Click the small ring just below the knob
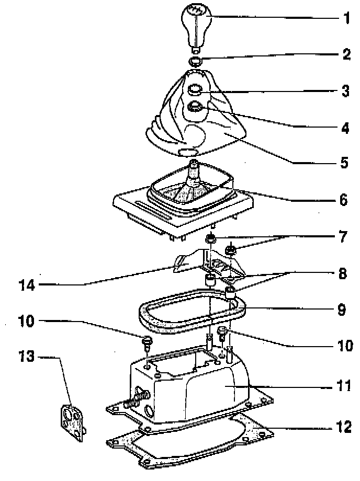tap(195, 62)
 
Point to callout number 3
tap(345, 91)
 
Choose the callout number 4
tap(345, 127)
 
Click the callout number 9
tap(341, 309)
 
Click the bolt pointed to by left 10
tap(147, 342)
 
